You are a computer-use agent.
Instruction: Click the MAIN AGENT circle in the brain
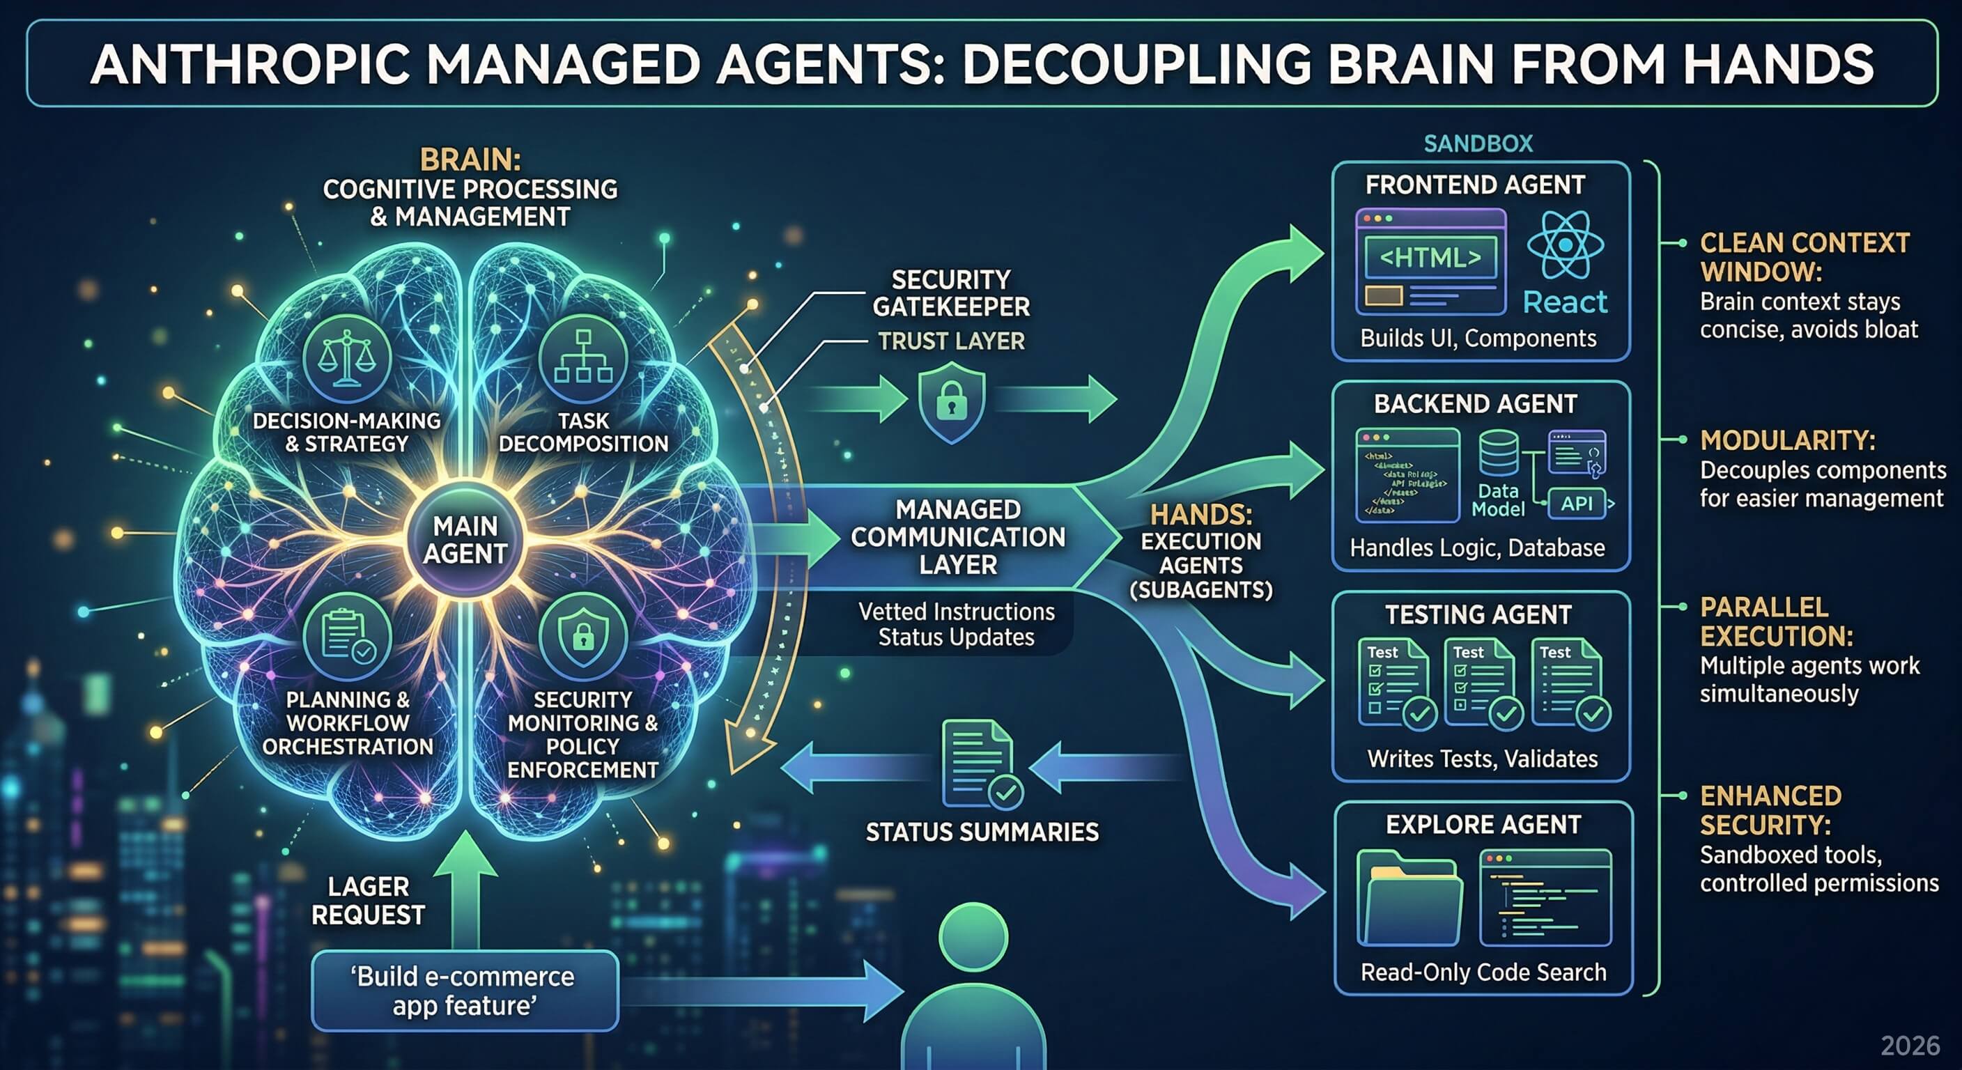(465, 540)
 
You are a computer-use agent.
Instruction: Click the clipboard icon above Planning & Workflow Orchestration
(346, 636)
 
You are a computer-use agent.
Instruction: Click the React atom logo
(1565, 245)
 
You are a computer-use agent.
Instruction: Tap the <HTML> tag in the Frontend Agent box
(1430, 258)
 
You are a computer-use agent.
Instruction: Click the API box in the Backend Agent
(1577, 504)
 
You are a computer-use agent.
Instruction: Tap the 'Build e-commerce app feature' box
(465, 991)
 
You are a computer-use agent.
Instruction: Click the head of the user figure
(973, 938)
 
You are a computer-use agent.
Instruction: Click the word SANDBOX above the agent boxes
(1478, 144)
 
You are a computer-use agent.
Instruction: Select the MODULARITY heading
(1788, 440)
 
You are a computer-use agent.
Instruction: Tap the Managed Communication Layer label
(957, 537)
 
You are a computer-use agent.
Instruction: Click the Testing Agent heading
(1478, 614)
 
